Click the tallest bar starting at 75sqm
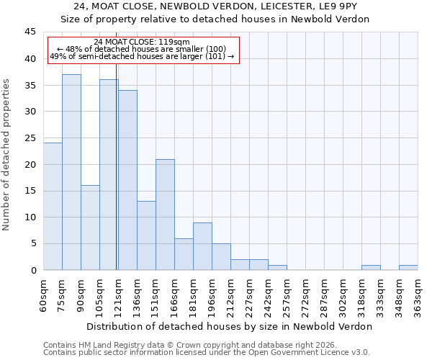(x=71, y=172)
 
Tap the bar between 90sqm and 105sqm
(x=90, y=228)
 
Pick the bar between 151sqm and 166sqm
(x=165, y=215)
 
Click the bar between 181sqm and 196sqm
(x=202, y=246)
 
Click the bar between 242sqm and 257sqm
(x=277, y=267)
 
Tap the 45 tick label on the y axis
(x=30, y=32)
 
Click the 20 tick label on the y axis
(x=30, y=164)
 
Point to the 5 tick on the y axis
(x=32, y=243)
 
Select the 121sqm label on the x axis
(x=119, y=295)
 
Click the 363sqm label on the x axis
(x=418, y=295)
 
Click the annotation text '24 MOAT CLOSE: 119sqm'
(x=142, y=42)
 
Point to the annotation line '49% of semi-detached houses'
(x=142, y=56)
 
